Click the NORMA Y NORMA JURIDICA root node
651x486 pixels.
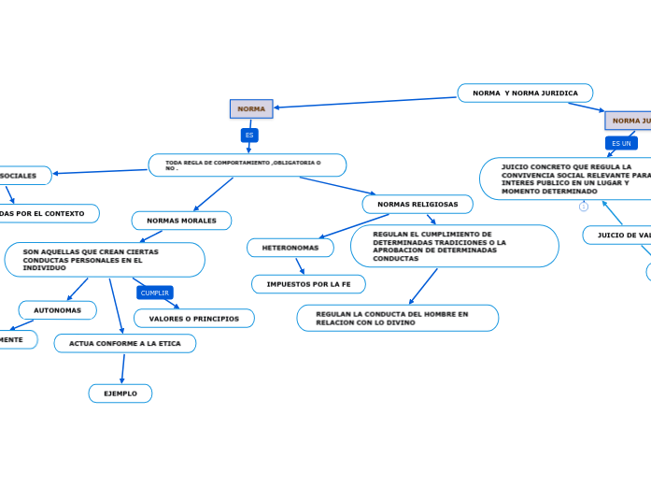click(525, 93)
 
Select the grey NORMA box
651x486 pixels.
click(251, 108)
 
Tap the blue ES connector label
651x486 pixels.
click(249, 135)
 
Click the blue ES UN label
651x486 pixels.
click(621, 143)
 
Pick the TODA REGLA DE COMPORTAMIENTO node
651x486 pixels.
click(247, 165)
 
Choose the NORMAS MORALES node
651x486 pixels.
click(181, 221)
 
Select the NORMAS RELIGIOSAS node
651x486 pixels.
click(417, 204)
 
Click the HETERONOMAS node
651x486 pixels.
click(290, 248)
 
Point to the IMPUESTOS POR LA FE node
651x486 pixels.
click(308, 283)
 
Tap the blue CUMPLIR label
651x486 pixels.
click(154, 293)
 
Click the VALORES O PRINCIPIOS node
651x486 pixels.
click(193, 319)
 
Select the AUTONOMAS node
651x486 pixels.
click(57, 309)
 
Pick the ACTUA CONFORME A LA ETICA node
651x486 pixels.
click(125, 343)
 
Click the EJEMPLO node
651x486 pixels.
click(120, 393)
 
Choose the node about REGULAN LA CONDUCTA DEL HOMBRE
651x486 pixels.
click(397, 318)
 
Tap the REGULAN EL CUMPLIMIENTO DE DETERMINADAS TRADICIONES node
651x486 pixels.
click(454, 246)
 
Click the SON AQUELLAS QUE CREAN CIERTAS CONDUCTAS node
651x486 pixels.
click(104, 260)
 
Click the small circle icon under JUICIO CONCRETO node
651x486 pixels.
click(584, 207)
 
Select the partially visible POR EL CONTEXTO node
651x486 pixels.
click(47, 213)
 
